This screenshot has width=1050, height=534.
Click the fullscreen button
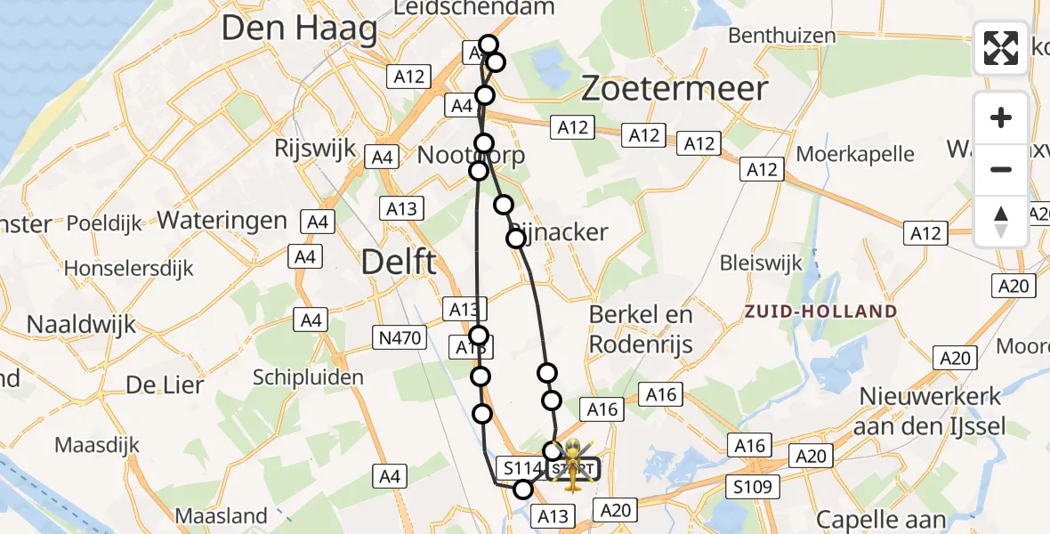(x=1001, y=48)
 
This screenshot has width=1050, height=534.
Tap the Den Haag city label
(x=299, y=28)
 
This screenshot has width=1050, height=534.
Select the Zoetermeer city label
(x=674, y=88)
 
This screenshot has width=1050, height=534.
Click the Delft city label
(x=399, y=263)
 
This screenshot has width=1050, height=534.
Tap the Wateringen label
(x=222, y=221)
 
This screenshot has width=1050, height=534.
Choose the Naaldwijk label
(x=81, y=324)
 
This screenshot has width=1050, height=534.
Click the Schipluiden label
(x=308, y=376)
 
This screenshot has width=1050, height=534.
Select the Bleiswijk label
(x=760, y=263)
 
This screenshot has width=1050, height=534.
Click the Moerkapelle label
(x=854, y=153)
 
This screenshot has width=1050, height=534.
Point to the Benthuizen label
(x=781, y=36)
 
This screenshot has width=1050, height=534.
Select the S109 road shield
(x=752, y=487)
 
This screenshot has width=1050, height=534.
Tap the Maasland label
(x=221, y=515)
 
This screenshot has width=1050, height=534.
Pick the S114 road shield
(x=521, y=467)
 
